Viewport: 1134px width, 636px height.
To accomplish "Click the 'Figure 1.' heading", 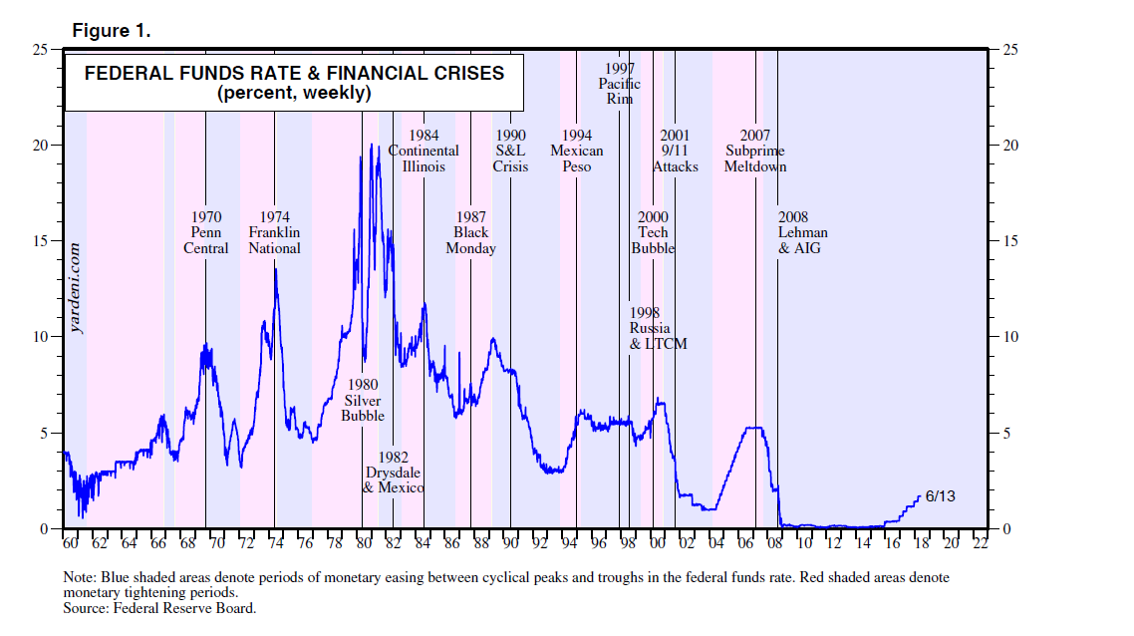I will [x=112, y=31].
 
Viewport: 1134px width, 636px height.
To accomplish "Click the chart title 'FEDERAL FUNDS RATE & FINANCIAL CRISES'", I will [x=294, y=73].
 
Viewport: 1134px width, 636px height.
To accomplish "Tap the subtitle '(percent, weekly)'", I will [x=294, y=93].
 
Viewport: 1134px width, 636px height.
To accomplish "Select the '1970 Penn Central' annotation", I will [x=206, y=232].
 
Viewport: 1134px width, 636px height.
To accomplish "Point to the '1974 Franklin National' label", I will [x=275, y=232].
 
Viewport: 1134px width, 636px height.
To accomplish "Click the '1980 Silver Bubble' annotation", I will [x=362, y=400].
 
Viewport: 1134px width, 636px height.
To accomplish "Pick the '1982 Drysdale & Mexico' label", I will [x=394, y=473].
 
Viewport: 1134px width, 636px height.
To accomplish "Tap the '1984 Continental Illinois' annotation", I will [x=424, y=151].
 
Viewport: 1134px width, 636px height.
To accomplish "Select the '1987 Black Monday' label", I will [x=470, y=232].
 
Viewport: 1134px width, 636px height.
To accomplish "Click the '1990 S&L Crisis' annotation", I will [x=510, y=151].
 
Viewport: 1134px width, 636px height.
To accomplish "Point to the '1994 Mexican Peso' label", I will [x=577, y=151].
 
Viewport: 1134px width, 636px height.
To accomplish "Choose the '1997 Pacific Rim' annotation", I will [x=619, y=84].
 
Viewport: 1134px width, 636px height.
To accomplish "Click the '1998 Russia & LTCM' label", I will [x=658, y=328].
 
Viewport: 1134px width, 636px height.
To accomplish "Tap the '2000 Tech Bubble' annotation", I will [x=653, y=232].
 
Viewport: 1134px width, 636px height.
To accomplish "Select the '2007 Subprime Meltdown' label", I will [x=755, y=151].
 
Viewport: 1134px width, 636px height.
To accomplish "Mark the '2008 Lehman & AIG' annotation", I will [x=802, y=232].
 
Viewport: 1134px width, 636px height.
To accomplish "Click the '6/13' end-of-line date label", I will [x=940, y=495].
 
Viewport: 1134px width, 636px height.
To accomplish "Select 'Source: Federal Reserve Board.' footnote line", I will [x=159, y=608].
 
